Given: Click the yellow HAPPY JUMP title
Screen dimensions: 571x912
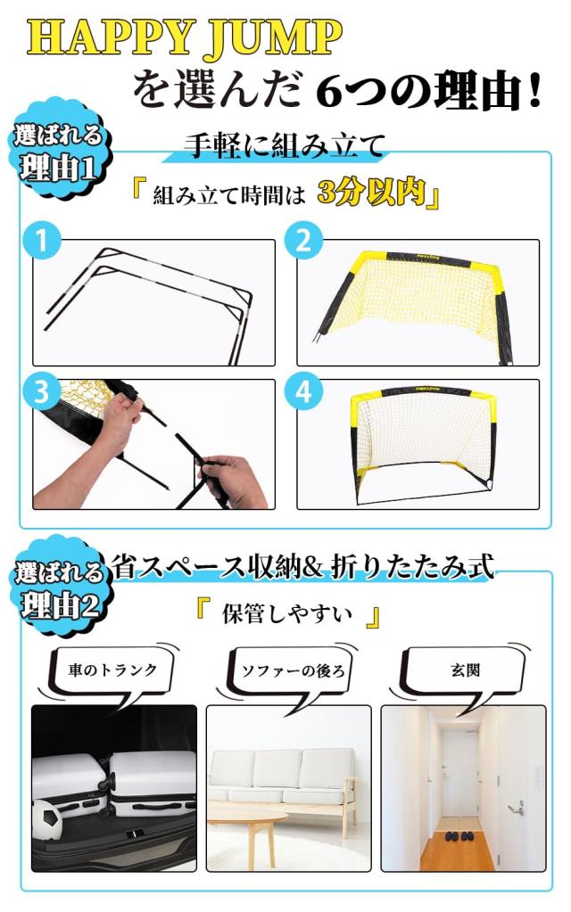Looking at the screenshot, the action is (x=185, y=38).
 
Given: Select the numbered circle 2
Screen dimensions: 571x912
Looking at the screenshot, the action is (x=304, y=240).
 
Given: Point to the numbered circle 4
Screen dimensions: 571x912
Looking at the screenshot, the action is (x=304, y=392).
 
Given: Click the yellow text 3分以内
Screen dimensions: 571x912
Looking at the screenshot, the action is (x=372, y=193).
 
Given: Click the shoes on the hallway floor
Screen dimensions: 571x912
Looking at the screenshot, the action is (x=459, y=836).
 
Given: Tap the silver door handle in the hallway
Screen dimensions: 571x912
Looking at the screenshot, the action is (x=516, y=807).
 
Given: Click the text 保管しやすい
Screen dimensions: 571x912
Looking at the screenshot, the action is (x=287, y=614).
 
